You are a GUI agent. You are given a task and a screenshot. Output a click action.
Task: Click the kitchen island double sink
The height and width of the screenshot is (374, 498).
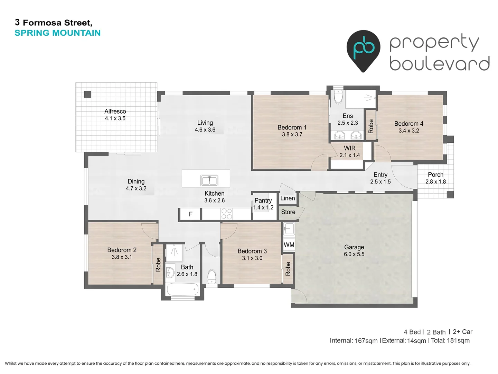[x=209, y=180]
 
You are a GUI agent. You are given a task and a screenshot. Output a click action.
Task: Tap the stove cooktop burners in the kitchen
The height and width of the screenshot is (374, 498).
[x=227, y=214]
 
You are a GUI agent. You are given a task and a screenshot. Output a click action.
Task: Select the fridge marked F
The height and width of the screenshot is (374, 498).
[x=190, y=214]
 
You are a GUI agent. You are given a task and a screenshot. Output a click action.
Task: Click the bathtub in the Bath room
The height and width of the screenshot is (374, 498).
[x=182, y=289]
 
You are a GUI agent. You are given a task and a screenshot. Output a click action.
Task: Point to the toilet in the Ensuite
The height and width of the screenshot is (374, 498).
[x=338, y=97]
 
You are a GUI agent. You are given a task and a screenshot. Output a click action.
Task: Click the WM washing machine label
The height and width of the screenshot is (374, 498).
[x=289, y=245]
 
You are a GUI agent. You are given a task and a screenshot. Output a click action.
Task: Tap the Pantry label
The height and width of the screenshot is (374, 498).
[x=263, y=201]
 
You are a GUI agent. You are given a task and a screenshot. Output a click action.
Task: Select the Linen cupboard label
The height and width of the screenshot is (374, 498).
[x=288, y=198]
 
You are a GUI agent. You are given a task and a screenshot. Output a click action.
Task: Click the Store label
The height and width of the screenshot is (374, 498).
[x=288, y=212]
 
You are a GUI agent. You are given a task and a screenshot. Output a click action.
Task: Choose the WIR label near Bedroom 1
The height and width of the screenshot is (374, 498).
[x=350, y=148]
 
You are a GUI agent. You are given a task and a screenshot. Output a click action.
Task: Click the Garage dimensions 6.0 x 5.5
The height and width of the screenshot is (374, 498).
[x=354, y=254]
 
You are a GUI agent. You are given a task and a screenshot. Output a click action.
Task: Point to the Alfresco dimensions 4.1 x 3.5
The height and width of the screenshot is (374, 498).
[x=115, y=118]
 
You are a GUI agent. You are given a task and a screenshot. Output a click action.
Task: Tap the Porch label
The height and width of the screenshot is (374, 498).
[x=435, y=175]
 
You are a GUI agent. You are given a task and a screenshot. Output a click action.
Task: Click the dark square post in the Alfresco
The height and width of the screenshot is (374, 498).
[x=88, y=94]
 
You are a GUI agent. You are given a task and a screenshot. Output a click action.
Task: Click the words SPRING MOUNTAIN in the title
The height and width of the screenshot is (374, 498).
[x=57, y=33]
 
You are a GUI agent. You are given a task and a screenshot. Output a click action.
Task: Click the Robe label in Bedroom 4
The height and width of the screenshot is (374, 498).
[x=371, y=126]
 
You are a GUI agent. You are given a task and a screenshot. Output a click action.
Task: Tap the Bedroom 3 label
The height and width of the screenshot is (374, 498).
[x=252, y=251]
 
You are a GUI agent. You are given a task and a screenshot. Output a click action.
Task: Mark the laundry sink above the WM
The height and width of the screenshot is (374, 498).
[x=289, y=229]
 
